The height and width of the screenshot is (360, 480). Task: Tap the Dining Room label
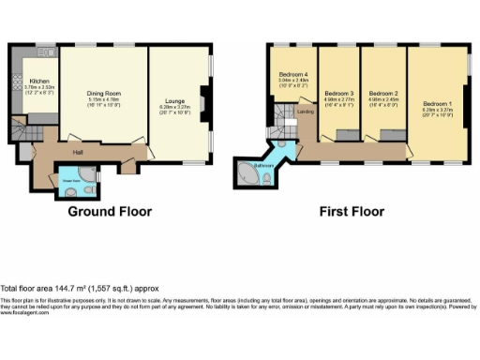104,93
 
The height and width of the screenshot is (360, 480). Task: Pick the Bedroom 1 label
436,103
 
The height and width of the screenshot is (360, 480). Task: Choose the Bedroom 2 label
383,94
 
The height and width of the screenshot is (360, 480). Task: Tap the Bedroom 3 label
338,94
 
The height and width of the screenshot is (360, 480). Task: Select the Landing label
305,112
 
